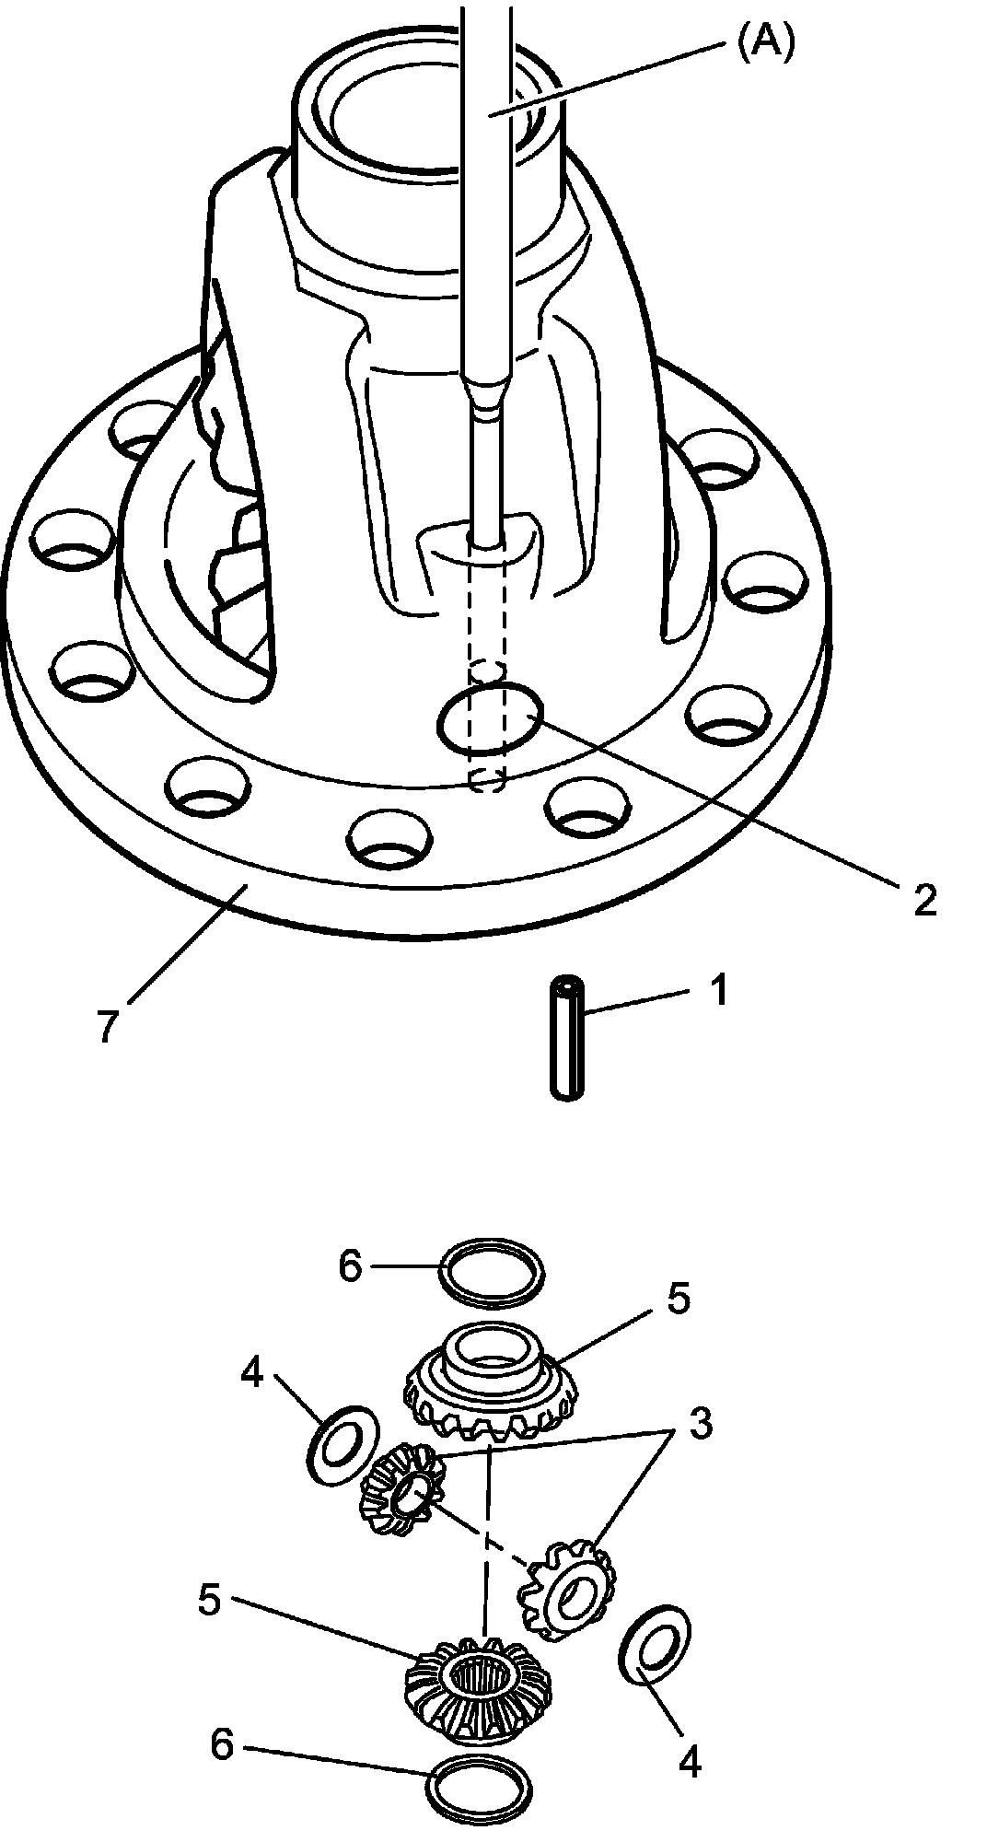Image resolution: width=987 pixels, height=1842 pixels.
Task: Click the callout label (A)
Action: coord(765,42)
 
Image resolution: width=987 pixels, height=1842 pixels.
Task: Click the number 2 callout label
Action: coord(923,899)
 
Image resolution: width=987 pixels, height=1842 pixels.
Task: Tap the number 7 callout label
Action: coord(108,1026)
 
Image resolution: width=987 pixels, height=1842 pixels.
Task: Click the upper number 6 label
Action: coord(351,1266)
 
